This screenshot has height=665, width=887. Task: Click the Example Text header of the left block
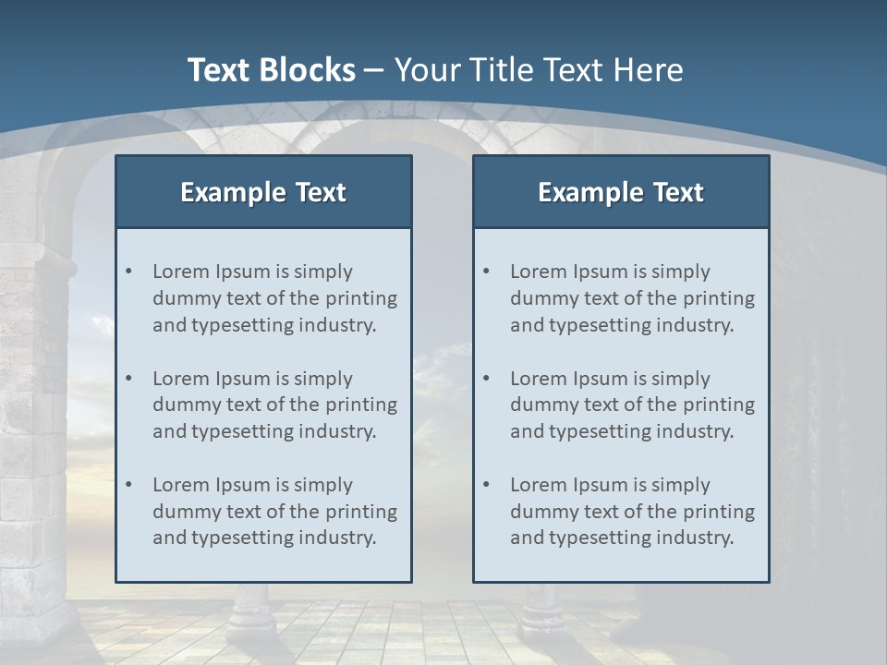click(x=263, y=192)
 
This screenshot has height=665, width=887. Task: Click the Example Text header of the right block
click(x=621, y=192)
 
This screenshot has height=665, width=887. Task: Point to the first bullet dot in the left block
click(x=128, y=272)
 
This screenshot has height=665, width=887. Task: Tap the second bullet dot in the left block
click(x=128, y=379)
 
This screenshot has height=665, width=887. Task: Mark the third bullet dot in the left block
click(x=128, y=485)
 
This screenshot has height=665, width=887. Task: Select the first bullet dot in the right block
click(x=486, y=272)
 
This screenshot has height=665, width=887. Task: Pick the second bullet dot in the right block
click(x=486, y=379)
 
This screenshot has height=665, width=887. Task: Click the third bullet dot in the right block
click(x=486, y=485)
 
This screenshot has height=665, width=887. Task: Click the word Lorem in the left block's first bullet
click(x=181, y=272)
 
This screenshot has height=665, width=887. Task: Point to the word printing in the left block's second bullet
click(x=362, y=405)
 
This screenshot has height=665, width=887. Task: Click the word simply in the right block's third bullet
click(x=680, y=485)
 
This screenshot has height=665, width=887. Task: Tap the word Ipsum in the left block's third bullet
click(x=242, y=485)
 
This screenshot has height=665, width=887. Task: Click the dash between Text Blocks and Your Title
click(x=374, y=70)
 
